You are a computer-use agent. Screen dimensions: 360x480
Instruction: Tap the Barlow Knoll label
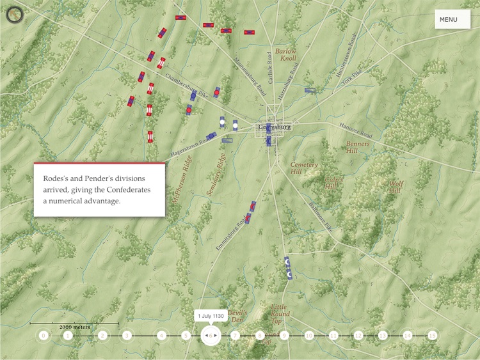pos(286,54)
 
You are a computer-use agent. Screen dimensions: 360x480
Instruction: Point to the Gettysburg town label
pos(275,127)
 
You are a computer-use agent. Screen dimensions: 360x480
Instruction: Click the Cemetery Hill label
pos(304,168)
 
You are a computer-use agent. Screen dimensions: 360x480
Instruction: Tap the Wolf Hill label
pos(395,187)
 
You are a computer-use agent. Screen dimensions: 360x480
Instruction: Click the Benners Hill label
pos(358,147)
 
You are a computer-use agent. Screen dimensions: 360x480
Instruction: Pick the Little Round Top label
pos(280,310)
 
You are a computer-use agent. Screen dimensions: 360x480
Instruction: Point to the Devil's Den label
pos(237,315)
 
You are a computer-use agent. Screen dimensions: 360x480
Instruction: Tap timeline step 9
pos(285,335)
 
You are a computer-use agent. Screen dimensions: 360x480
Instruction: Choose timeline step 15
pos(433,335)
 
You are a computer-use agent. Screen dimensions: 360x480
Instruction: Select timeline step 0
pos(44,335)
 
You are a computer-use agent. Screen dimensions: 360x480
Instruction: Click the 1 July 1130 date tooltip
pos(210,317)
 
